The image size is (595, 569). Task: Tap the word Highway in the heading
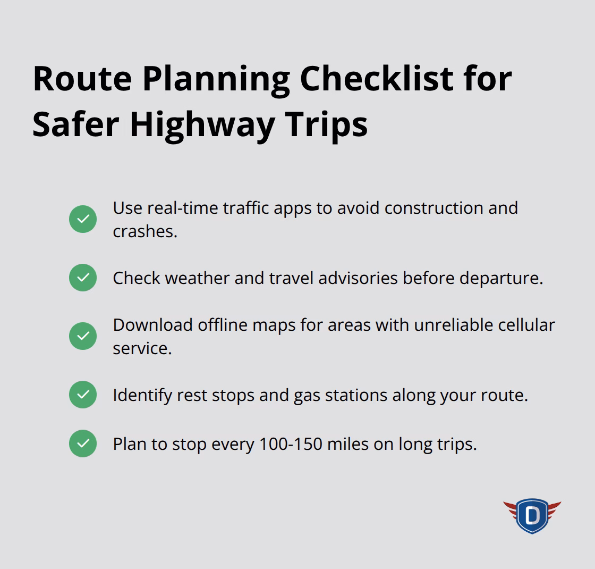tap(202, 124)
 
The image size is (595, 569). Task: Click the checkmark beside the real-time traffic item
tap(83, 219)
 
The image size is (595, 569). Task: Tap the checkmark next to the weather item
tap(83, 278)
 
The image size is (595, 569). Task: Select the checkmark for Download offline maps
tap(83, 336)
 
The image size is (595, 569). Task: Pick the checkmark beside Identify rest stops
tap(83, 395)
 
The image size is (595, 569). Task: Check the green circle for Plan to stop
tap(83, 444)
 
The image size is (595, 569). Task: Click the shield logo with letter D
tap(532, 515)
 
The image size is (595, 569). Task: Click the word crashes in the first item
tap(144, 231)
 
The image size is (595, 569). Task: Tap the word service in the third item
tap(141, 348)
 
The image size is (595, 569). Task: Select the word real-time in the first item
tap(182, 208)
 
